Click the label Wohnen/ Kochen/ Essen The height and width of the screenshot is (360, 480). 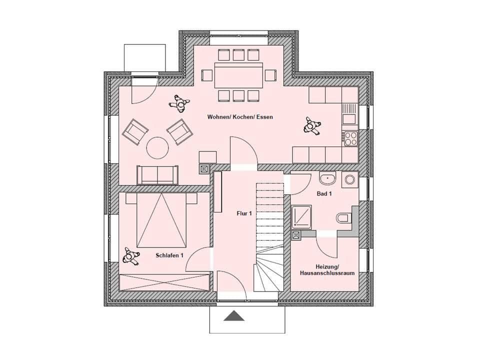240,117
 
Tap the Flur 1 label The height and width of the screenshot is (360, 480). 243,213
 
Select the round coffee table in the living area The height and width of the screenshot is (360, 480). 157,147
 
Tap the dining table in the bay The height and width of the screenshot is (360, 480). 238,75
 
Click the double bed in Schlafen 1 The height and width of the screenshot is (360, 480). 161,220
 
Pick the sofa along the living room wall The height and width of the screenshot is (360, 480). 157,174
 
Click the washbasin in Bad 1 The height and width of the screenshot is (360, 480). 327,178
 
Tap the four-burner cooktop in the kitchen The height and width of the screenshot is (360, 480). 350,137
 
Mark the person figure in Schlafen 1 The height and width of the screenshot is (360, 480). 131,256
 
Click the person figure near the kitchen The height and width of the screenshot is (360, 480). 312,125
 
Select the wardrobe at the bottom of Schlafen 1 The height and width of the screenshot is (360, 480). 164,282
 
